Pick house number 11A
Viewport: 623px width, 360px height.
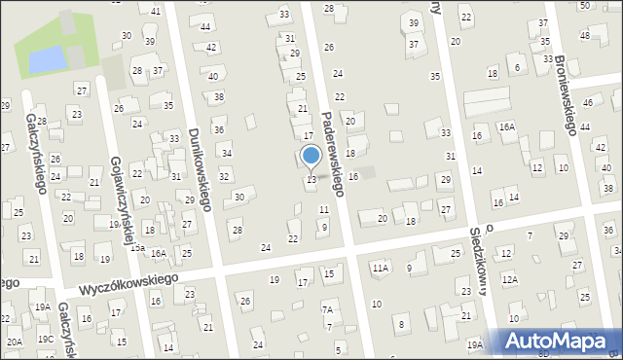(380, 268)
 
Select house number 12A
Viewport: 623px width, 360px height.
(510, 279)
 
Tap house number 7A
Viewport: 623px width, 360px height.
(328, 309)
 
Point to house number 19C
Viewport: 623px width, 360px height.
(46, 339)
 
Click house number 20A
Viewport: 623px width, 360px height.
(14, 342)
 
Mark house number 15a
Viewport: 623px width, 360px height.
(137, 248)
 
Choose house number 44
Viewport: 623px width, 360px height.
(205, 26)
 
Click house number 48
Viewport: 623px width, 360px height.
(584, 35)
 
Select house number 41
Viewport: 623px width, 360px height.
(156, 11)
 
